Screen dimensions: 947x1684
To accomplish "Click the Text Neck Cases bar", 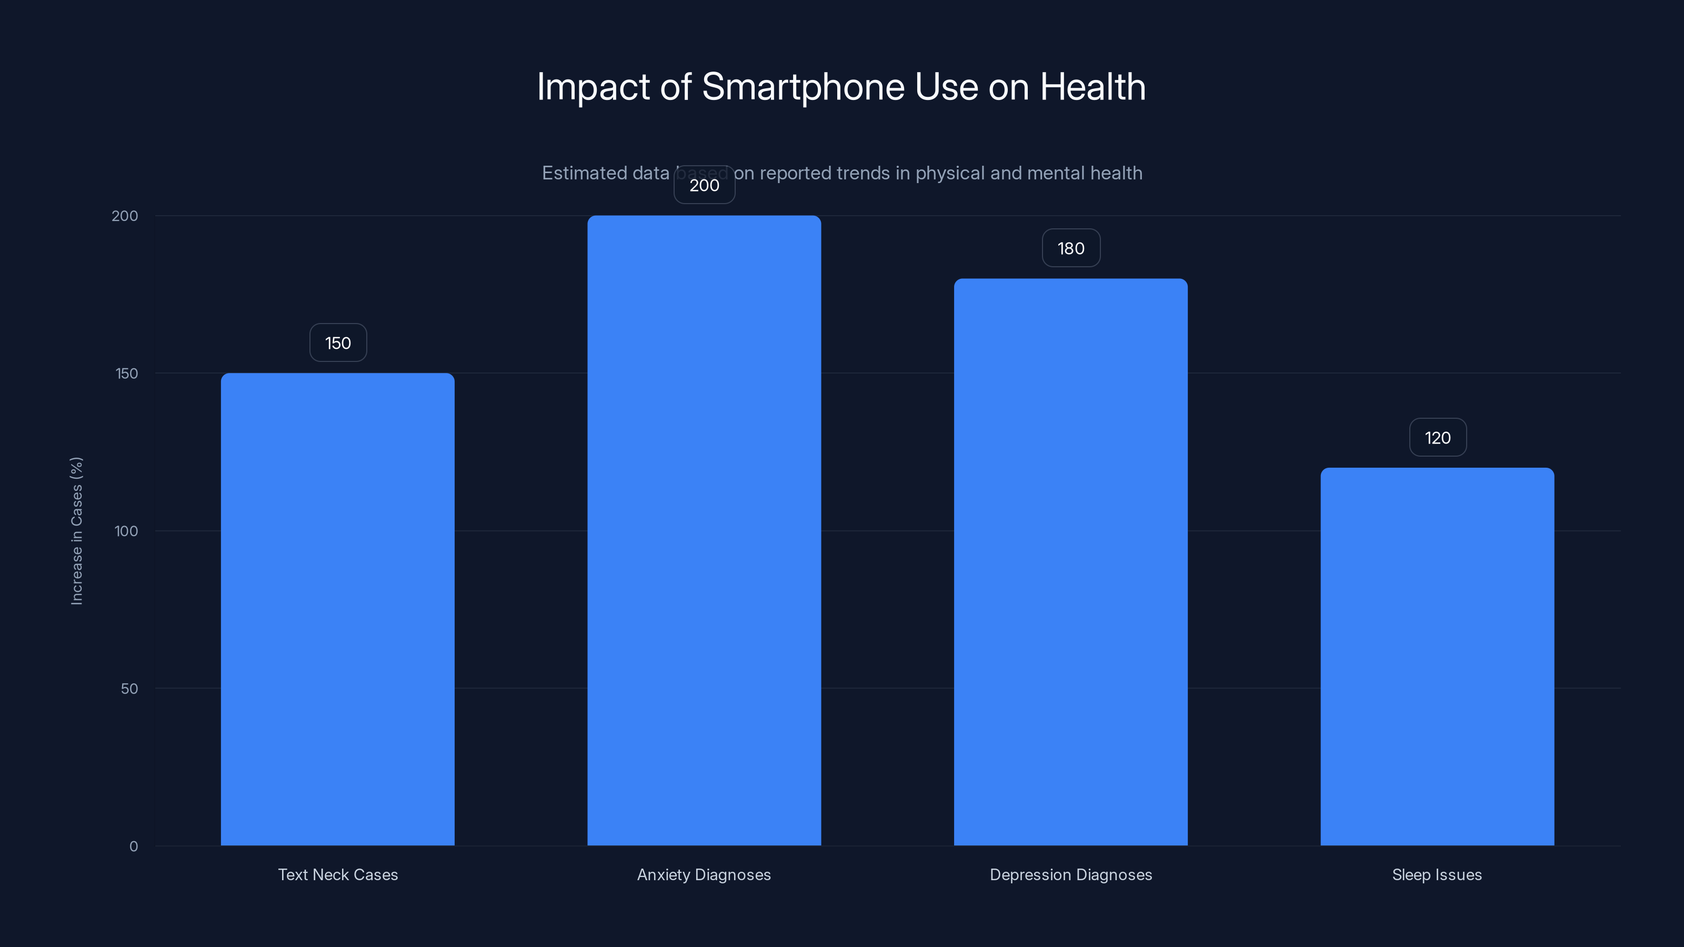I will tap(337, 609).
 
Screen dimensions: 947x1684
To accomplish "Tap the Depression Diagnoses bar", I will tap(1071, 562).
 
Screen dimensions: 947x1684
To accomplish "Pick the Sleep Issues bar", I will tap(1437, 656).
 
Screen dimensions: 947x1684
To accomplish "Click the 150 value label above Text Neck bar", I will tap(338, 343).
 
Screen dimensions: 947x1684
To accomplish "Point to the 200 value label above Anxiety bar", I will tap(704, 185).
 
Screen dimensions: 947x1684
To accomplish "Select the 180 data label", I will tap(1071, 248).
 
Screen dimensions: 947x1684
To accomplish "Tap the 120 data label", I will tap(1438, 438).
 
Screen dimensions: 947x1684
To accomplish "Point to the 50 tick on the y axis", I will tap(129, 689).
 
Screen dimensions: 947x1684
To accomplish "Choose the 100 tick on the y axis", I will tap(126, 531).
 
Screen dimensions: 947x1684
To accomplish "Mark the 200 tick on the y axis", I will tap(125, 216).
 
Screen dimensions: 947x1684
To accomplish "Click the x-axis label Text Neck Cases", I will tap(338, 874).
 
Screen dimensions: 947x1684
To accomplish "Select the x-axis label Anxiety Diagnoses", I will tap(704, 874).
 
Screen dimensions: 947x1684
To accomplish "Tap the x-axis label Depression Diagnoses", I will tap(1071, 874).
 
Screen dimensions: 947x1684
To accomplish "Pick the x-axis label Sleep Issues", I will tap(1437, 874).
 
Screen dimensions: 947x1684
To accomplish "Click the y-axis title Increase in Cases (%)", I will tap(76, 531).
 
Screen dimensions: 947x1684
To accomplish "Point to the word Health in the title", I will tap(1092, 87).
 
